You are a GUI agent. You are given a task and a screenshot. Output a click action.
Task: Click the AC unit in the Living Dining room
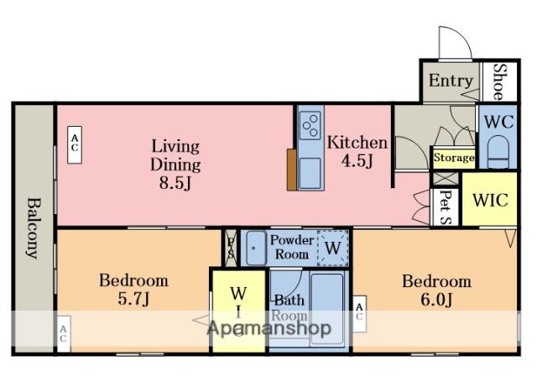[75, 144]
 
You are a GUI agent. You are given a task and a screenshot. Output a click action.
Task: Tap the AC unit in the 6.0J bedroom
[359, 314]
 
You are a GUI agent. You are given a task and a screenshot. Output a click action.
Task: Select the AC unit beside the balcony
[64, 333]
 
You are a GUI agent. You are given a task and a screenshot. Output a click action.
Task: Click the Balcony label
[34, 228]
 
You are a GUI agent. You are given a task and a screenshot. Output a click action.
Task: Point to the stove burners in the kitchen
[310, 126]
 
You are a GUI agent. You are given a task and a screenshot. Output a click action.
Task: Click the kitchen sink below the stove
[310, 173]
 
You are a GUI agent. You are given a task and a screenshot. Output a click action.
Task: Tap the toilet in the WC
[498, 152]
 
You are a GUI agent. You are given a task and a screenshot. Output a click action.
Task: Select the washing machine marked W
[333, 248]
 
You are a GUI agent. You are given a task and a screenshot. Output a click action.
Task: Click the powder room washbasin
[256, 248]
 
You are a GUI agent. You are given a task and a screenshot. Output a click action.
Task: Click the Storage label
[454, 158]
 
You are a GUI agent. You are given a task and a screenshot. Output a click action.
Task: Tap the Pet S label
[445, 207]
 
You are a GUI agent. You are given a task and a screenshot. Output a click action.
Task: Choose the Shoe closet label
[499, 82]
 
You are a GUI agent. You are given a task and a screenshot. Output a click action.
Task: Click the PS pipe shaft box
[231, 248]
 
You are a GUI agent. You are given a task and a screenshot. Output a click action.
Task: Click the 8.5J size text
[175, 183]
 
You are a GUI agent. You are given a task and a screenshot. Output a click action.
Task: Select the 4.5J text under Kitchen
[357, 160]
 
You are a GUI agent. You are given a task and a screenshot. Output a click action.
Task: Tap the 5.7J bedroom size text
[133, 299]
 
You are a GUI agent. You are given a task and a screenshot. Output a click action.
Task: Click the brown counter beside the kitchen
[292, 170]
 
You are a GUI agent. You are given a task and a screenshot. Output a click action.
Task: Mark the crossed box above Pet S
[446, 179]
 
